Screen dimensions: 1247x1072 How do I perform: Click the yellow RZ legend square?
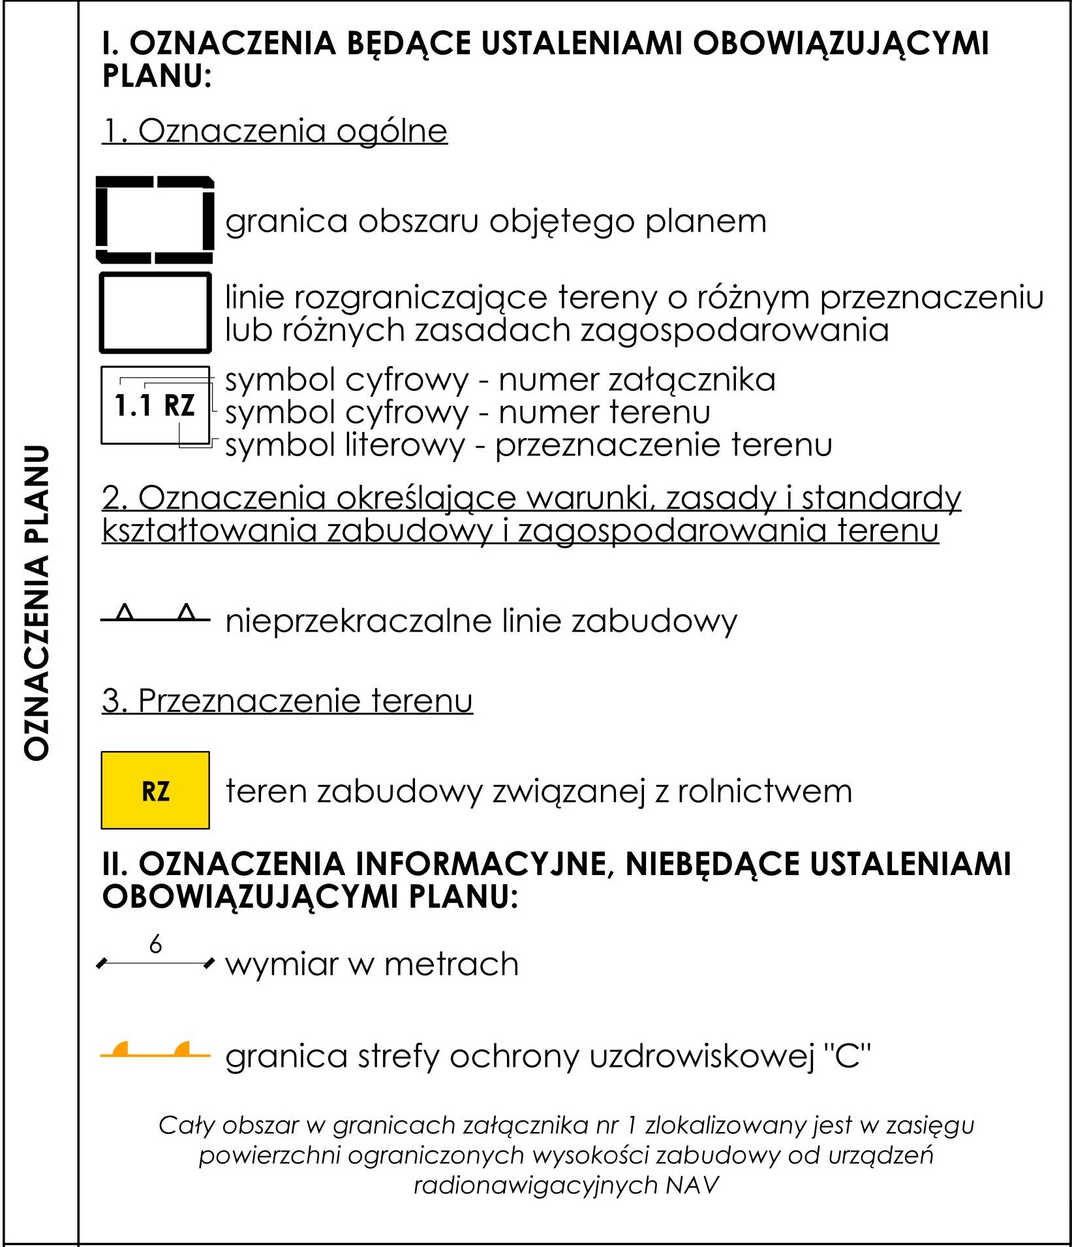click(x=155, y=790)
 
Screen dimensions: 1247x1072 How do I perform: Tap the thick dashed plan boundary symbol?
click(x=155, y=219)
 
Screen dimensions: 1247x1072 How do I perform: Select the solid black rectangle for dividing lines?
click(x=155, y=313)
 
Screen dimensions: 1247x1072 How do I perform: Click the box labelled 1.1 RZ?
click(x=155, y=405)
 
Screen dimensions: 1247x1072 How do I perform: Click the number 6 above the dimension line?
click(x=155, y=944)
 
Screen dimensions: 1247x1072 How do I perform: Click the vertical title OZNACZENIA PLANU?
click(x=37, y=602)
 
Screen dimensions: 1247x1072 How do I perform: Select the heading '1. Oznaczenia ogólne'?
click(x=275, y=131)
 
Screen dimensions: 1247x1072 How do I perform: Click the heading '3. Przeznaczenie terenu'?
click(x=287, y=701)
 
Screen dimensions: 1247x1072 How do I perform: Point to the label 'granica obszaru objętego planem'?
click(x=496, y=222)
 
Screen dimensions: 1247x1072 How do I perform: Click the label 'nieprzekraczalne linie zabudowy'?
click(x=481, y=621)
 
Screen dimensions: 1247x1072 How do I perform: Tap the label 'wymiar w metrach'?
click(x=372, y=964)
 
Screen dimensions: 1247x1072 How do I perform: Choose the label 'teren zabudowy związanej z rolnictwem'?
click(x=539, y=791)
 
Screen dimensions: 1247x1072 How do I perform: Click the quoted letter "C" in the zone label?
click(x=848, y=1055)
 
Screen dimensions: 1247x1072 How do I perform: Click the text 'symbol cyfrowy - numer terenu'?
click(x=468, y=412)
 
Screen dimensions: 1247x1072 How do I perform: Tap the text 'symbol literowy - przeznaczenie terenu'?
click(x=528, y=445)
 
